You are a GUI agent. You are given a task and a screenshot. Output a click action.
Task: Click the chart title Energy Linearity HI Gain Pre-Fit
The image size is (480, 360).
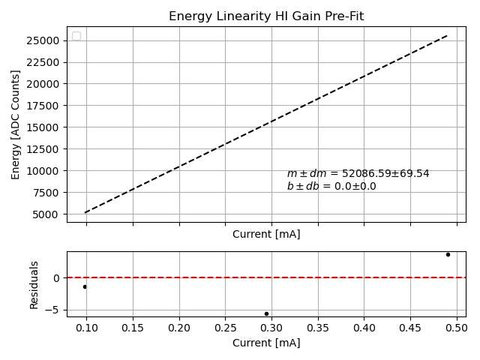[x=266, y=16]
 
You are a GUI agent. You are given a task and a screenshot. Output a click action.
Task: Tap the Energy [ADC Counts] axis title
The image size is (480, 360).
[x=16, y=124]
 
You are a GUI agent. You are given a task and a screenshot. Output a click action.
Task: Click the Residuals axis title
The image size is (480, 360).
[x=34, y=285]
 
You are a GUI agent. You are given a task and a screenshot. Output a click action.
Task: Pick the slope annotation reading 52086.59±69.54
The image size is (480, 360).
[x=358, y=173]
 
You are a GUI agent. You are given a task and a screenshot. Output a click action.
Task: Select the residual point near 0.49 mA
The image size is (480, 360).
[x=448, y=254]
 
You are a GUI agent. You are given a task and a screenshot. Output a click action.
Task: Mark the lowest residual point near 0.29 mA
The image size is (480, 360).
[x=266, y=313]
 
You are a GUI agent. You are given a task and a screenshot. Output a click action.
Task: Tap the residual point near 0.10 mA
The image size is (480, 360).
[x=85, y=286]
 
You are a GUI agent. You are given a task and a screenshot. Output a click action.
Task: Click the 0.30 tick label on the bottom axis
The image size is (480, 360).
[x=271, y=328]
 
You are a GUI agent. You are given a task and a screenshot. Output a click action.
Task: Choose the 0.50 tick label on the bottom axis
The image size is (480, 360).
[x=457, y=328]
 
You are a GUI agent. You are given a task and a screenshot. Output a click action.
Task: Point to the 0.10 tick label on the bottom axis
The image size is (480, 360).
[x=86, y=328]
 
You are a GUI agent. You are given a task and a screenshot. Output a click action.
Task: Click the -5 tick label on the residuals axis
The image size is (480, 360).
[x=55, y=310]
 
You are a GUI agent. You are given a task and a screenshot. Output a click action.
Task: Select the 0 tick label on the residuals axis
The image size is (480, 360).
[x=57, y=278]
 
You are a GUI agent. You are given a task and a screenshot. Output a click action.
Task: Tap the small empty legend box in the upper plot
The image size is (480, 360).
[x=76, y=36]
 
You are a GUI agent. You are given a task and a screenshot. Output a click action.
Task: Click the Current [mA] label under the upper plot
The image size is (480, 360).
[x=266, y=234]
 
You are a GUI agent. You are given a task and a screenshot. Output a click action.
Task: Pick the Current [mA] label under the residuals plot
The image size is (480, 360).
[x=266, y=343]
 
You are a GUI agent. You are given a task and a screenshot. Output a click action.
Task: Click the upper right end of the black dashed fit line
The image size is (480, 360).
[x=447, y=34]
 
